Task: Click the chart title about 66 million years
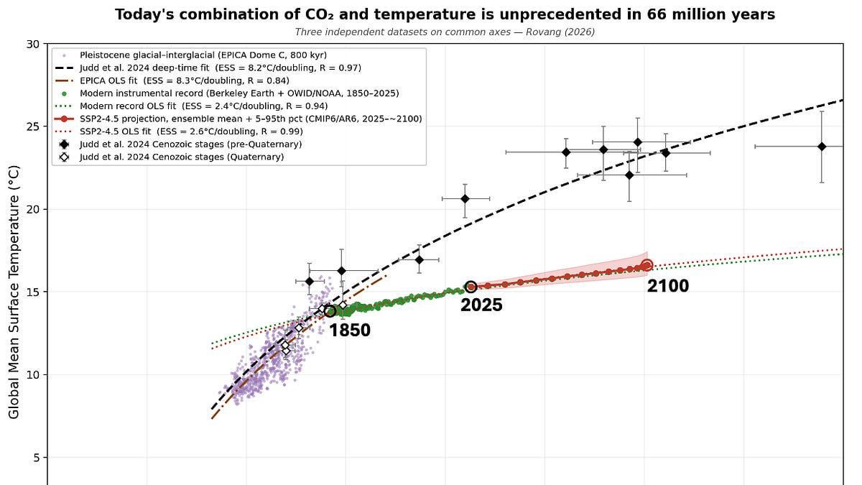click(445, 14)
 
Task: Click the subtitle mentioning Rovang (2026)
click(445, 32)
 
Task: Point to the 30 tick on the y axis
click(32, 44)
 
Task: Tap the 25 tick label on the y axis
click(32, 126)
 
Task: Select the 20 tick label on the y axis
click(32, 209)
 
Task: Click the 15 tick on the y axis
click(32, 292)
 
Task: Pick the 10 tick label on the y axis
click(32, 375)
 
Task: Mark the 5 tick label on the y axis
click(35, 458)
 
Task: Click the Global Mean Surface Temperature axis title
click(14, 287)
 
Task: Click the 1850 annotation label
click(350, 331)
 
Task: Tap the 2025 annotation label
click(481, 305)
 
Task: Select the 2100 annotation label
click(668, 286)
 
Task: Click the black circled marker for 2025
click(471, 287)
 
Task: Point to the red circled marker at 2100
click(646, 265)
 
